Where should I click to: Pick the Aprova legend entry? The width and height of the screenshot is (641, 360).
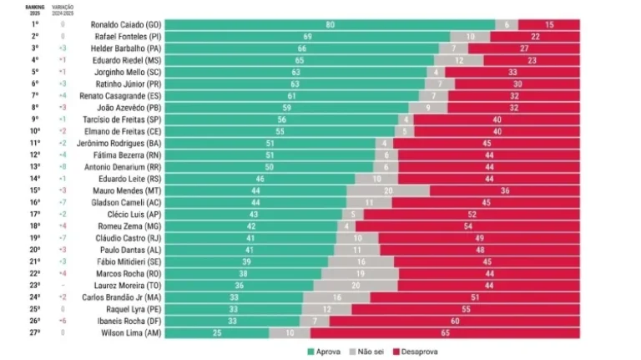[325, 352]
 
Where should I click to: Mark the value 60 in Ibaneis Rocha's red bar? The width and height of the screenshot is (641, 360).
[455, 321]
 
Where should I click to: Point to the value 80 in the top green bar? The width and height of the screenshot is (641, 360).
[331, 25]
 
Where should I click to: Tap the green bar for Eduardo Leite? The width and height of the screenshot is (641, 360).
[259, 179]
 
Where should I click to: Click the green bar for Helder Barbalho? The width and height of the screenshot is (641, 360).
[301, 48]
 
